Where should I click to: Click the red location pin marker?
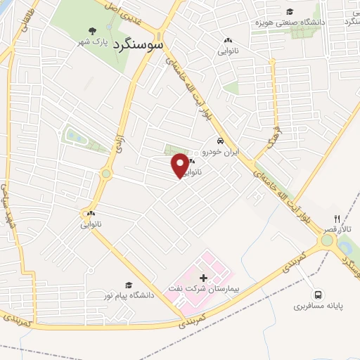tap(181, 165)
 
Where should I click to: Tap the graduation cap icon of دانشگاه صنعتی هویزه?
tap(289, 11)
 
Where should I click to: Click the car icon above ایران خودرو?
tap(220, 141)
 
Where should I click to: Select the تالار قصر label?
tap(345, 230)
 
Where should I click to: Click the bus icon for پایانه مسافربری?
tap(319, 295)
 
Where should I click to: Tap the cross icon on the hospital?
tap(203, 278)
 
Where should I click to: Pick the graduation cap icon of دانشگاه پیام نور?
tap(129, 284)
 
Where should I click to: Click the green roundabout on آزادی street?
tap(105, 173)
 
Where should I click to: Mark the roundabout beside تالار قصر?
tap(327, 240)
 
